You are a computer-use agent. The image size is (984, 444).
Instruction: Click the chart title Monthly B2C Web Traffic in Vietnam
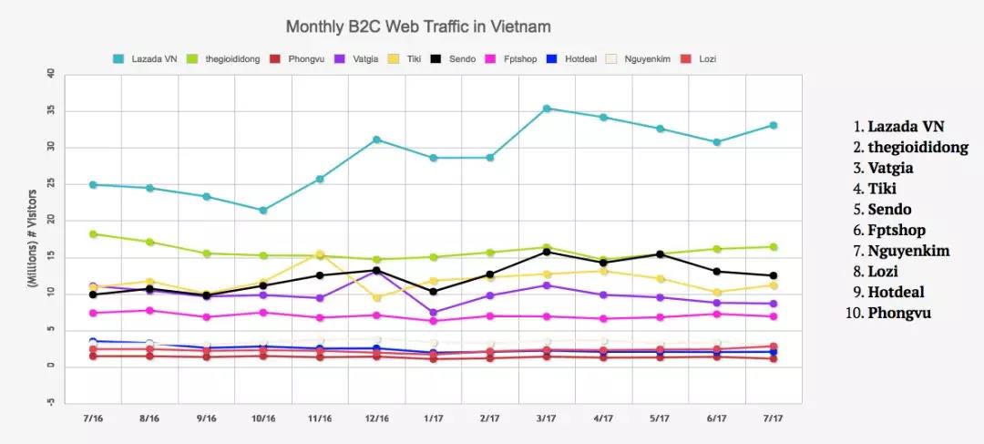point(418,26)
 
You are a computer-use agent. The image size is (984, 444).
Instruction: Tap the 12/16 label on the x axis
point(376,418)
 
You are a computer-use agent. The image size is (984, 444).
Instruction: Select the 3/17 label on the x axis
point(546,418)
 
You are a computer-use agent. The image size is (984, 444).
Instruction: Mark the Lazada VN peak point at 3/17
point(547,108)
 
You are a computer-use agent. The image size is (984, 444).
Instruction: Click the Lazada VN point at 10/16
point(263,211)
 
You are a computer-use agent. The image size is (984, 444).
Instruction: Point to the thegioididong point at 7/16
point(94,234)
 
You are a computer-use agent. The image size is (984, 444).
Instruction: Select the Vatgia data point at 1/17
point(433,313)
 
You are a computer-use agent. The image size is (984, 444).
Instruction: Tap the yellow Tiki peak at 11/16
point(320,254)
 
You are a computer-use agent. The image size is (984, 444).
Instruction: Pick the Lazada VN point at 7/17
point(773,125)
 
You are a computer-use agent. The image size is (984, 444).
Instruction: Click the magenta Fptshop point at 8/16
point(150,310)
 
